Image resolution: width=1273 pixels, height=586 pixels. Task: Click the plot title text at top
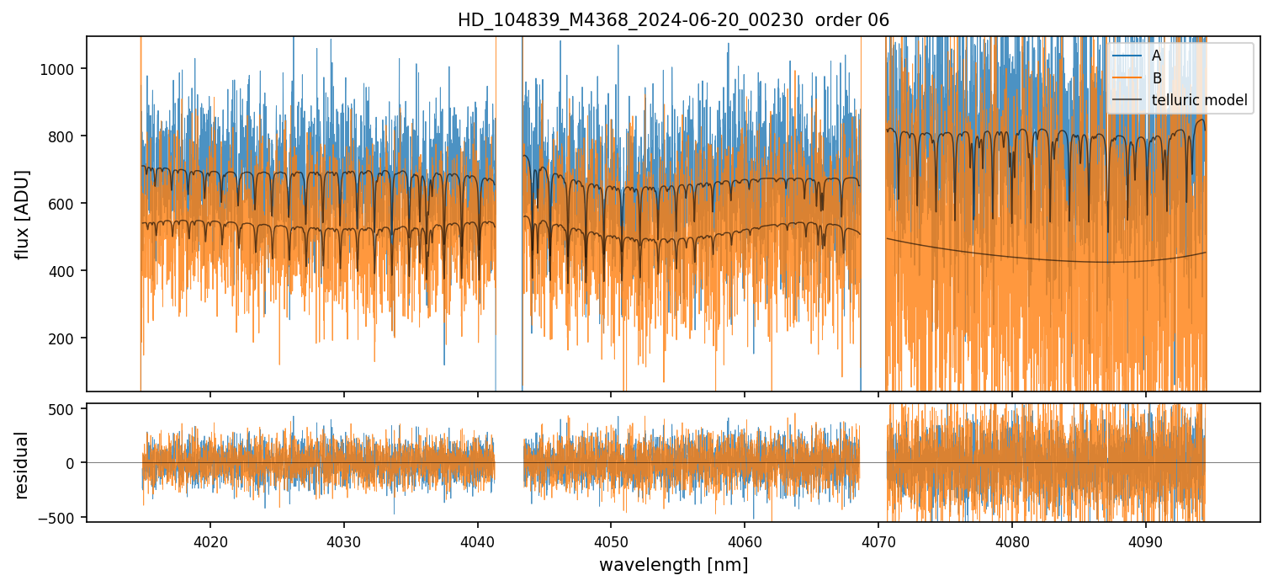pyautogui.click(x=673, y=20)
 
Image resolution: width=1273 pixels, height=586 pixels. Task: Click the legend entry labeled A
pyautogui.click(x=1156, y=56)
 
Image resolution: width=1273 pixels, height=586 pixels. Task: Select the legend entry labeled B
pyautogui.click(x=1156, y=78)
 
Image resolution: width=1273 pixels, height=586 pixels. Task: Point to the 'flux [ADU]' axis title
pyautogui.click(x=24, y=214)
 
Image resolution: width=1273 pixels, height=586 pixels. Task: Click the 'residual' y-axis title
pyautogui.click(x=24, y=464)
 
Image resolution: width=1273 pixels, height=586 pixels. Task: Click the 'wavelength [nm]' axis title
pyautogui.click(x=673, y=564)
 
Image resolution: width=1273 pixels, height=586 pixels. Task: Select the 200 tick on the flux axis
pyautogui.click(x=65, y=338)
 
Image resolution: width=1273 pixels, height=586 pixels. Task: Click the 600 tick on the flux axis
pyautogui.click(x=65, y=204)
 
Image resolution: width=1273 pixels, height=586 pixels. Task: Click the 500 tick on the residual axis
pyautogui.click(x=65, y=409)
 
